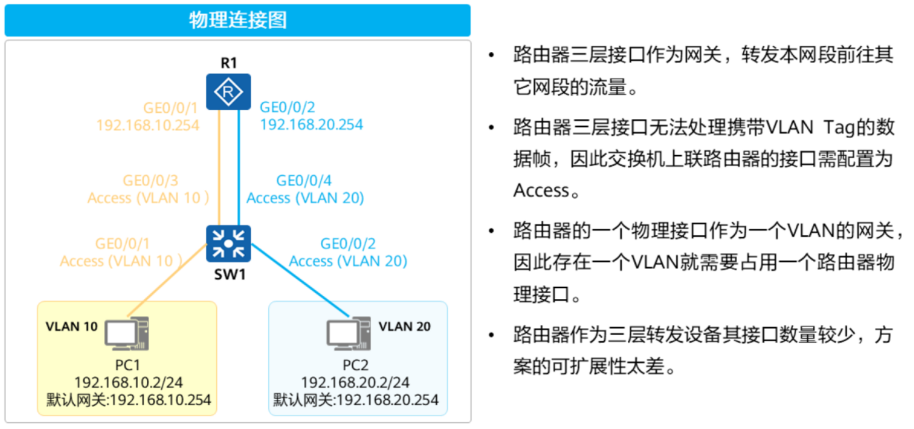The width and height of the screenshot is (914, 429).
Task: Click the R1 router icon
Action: point(228,92)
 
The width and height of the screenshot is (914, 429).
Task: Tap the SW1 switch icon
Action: point(228,243)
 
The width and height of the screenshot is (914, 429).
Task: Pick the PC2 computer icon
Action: point(348,333)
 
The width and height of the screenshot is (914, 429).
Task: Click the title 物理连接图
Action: point(238,20)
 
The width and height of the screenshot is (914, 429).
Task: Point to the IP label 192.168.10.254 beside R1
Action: point(148,125)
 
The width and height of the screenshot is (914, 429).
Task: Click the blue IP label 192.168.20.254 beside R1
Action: point(311,124)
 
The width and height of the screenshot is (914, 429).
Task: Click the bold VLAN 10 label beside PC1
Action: point(71,326)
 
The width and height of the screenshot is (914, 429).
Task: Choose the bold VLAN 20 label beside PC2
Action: point(404,326)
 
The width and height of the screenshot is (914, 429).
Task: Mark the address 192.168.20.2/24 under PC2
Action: point(355,383)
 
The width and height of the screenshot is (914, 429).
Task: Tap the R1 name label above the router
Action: point(228,63)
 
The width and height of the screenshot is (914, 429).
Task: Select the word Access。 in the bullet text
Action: point(546,191)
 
